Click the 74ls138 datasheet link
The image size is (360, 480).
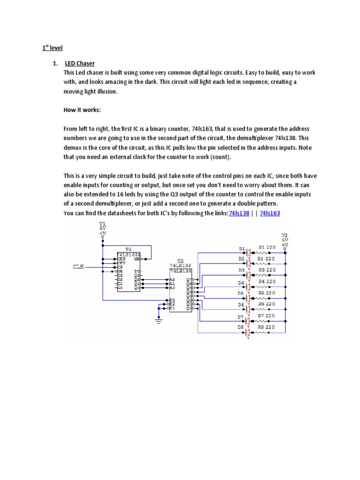[x=239, y=214]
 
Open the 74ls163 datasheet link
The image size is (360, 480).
[x=270, y=214]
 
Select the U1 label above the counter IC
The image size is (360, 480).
[x=128, y=249]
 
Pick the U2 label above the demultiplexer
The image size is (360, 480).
[x=180, y=261]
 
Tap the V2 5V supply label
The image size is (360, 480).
[x=285, y=240]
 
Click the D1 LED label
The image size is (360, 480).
[x=241, y=248]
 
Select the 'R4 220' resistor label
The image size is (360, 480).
[x=267, y=282]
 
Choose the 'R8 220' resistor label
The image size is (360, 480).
[x=267, y=327]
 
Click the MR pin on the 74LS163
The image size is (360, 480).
[x=136, y=258]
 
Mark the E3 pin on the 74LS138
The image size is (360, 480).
[x=172, y=300]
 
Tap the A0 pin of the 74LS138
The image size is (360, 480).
[x=172, y=288]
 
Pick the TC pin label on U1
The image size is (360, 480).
[x=136, y=271]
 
